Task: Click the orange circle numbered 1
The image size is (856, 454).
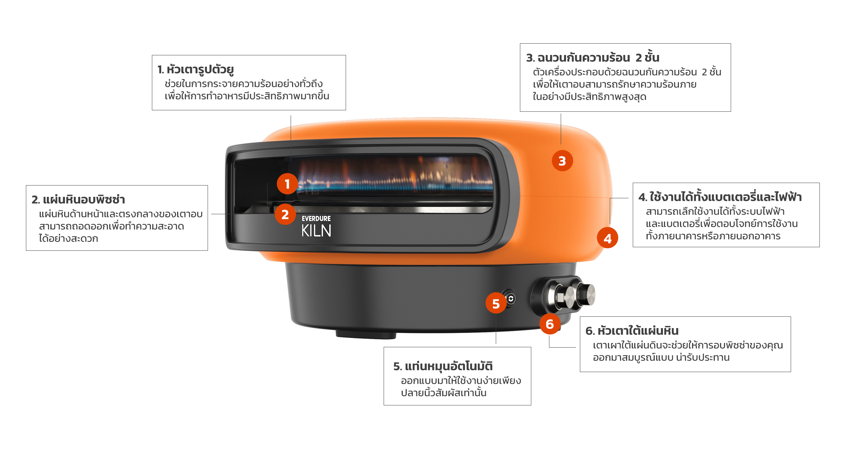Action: point(287,184)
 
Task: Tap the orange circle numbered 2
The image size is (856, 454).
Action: point(285,214)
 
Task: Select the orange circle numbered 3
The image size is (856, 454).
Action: point(562,161)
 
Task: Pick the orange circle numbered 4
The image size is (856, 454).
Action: point(608,238)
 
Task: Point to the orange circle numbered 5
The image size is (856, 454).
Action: point(496,303)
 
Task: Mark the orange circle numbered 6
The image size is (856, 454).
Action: point(550,324)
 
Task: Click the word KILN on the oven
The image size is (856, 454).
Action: point(316,231)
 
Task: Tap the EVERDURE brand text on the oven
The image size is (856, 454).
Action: point(316,218)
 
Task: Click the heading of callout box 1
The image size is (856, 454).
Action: point(196,70)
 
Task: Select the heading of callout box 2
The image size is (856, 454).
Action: point(78,200)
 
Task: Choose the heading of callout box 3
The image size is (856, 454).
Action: point(593,57)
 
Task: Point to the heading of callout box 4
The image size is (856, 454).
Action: point(720,196)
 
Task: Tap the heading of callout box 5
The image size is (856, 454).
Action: point(443,366)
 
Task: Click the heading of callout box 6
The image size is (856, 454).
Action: point(632,331)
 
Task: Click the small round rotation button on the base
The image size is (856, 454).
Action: point(511,299)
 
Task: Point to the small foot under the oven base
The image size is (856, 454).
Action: point(366,334)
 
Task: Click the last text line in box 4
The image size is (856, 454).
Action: point(713,236)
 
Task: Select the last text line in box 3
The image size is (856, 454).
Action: point(589,97)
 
